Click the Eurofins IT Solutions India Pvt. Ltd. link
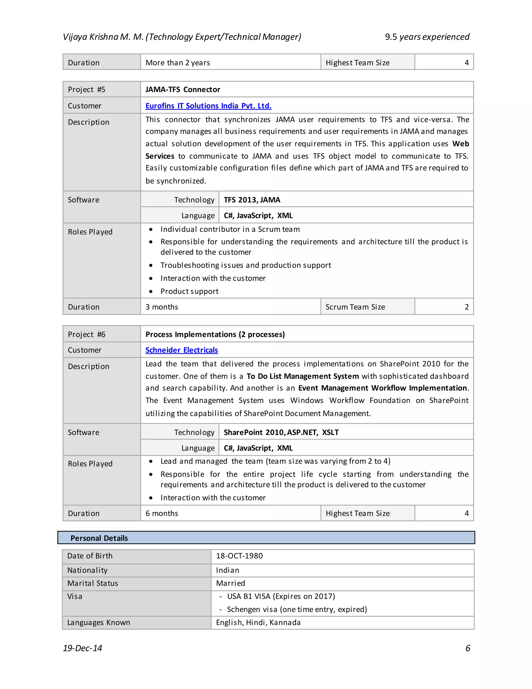click(x=208, y=106)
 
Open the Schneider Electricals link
click(x=182, y=350)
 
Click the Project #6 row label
click(x=86, y=334)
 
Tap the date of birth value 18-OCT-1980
click(x=239, y=556)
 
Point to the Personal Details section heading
click(x=99, y=538)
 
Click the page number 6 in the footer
click(x=467, y=648)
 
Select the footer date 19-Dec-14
click(x=82, y=648)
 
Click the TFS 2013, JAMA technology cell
click(x=252, y=200)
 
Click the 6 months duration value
click(x=162, y=513)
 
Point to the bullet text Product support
click(x=189, y=291)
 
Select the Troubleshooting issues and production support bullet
click(x=245, y=265)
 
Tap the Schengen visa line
click(x=297, y=609)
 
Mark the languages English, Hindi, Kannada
click(x=258, y=622)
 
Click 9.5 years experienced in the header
click(x=427, y=37)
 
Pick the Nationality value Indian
click(x=228, y=570)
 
